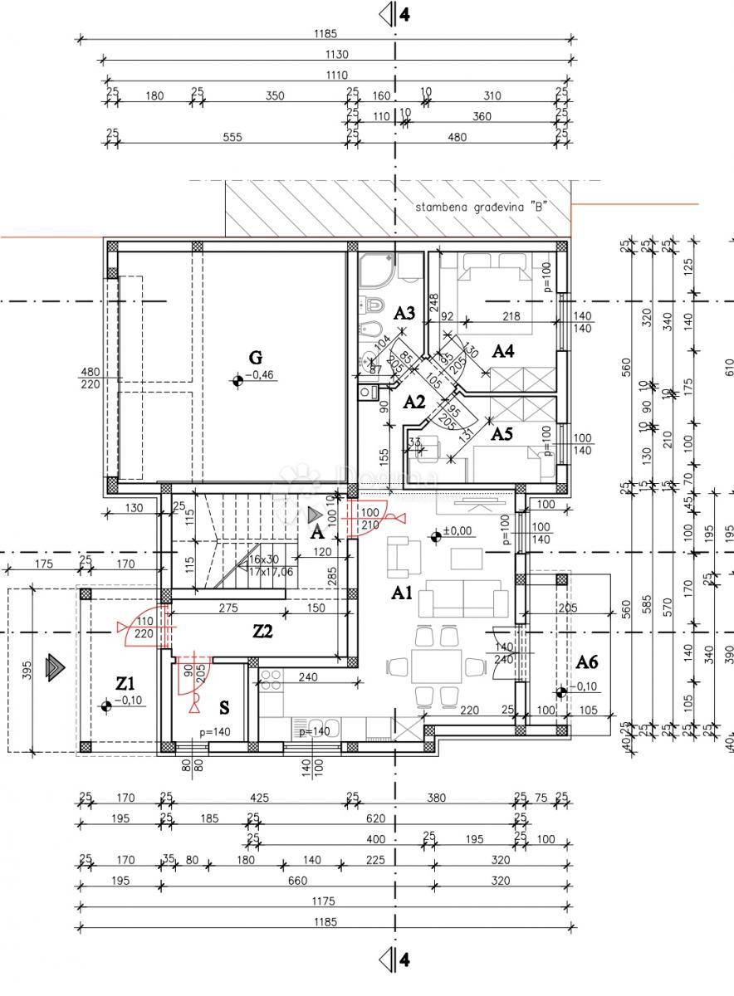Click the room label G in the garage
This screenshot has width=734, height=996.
pos(256,358)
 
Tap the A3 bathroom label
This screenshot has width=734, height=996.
pos(404,313)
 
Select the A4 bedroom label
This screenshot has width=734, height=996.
pos(503,351)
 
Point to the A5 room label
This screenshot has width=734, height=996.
pos(502,432)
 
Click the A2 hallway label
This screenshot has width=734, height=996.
pos(413,402)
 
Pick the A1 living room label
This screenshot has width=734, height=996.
pos(403,593)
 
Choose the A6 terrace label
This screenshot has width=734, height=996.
pos(587,662)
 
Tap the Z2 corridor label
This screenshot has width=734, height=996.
pos(263,632)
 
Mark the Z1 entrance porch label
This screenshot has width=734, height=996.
pos(125,683)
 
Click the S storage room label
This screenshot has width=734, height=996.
pos(224,707)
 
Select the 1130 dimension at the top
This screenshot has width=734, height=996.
pos(337,55)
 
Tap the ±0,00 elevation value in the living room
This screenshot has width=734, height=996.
pos(458,530)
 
